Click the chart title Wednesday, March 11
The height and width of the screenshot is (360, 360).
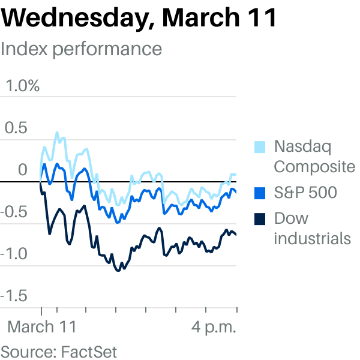tap(139, 19)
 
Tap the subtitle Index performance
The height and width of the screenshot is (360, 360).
tap(81, 49)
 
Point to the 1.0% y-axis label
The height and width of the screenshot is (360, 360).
tap(23, 86)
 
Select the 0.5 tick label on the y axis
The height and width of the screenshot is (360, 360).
tap(16, 128)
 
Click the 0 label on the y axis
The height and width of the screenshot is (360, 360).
tap(23, 170)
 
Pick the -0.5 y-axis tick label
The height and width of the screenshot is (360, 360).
tap(14, 212)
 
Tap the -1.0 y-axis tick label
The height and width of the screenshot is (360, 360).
tap(14, 254)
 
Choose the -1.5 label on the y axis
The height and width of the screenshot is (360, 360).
tap(14, 296)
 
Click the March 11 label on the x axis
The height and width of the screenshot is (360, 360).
tap(42, 327)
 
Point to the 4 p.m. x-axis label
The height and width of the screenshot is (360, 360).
tap(214, 328)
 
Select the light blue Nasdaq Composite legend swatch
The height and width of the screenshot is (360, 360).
tap(260, 147)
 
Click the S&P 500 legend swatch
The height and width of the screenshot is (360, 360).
tap(260, 193)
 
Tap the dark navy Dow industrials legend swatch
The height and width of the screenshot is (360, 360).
tap(260, 219)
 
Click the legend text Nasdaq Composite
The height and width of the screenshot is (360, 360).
tap(314, 157)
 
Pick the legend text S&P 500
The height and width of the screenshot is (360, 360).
tap(305, 193)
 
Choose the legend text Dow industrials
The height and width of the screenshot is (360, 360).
tap(313, 228)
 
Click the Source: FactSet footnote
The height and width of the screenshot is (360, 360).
tap(59, 352)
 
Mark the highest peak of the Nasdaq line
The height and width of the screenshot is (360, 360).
tap(57, 133)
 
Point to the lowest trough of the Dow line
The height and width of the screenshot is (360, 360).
tap(118, 271)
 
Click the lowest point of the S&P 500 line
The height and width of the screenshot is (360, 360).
tap(118, 222)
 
